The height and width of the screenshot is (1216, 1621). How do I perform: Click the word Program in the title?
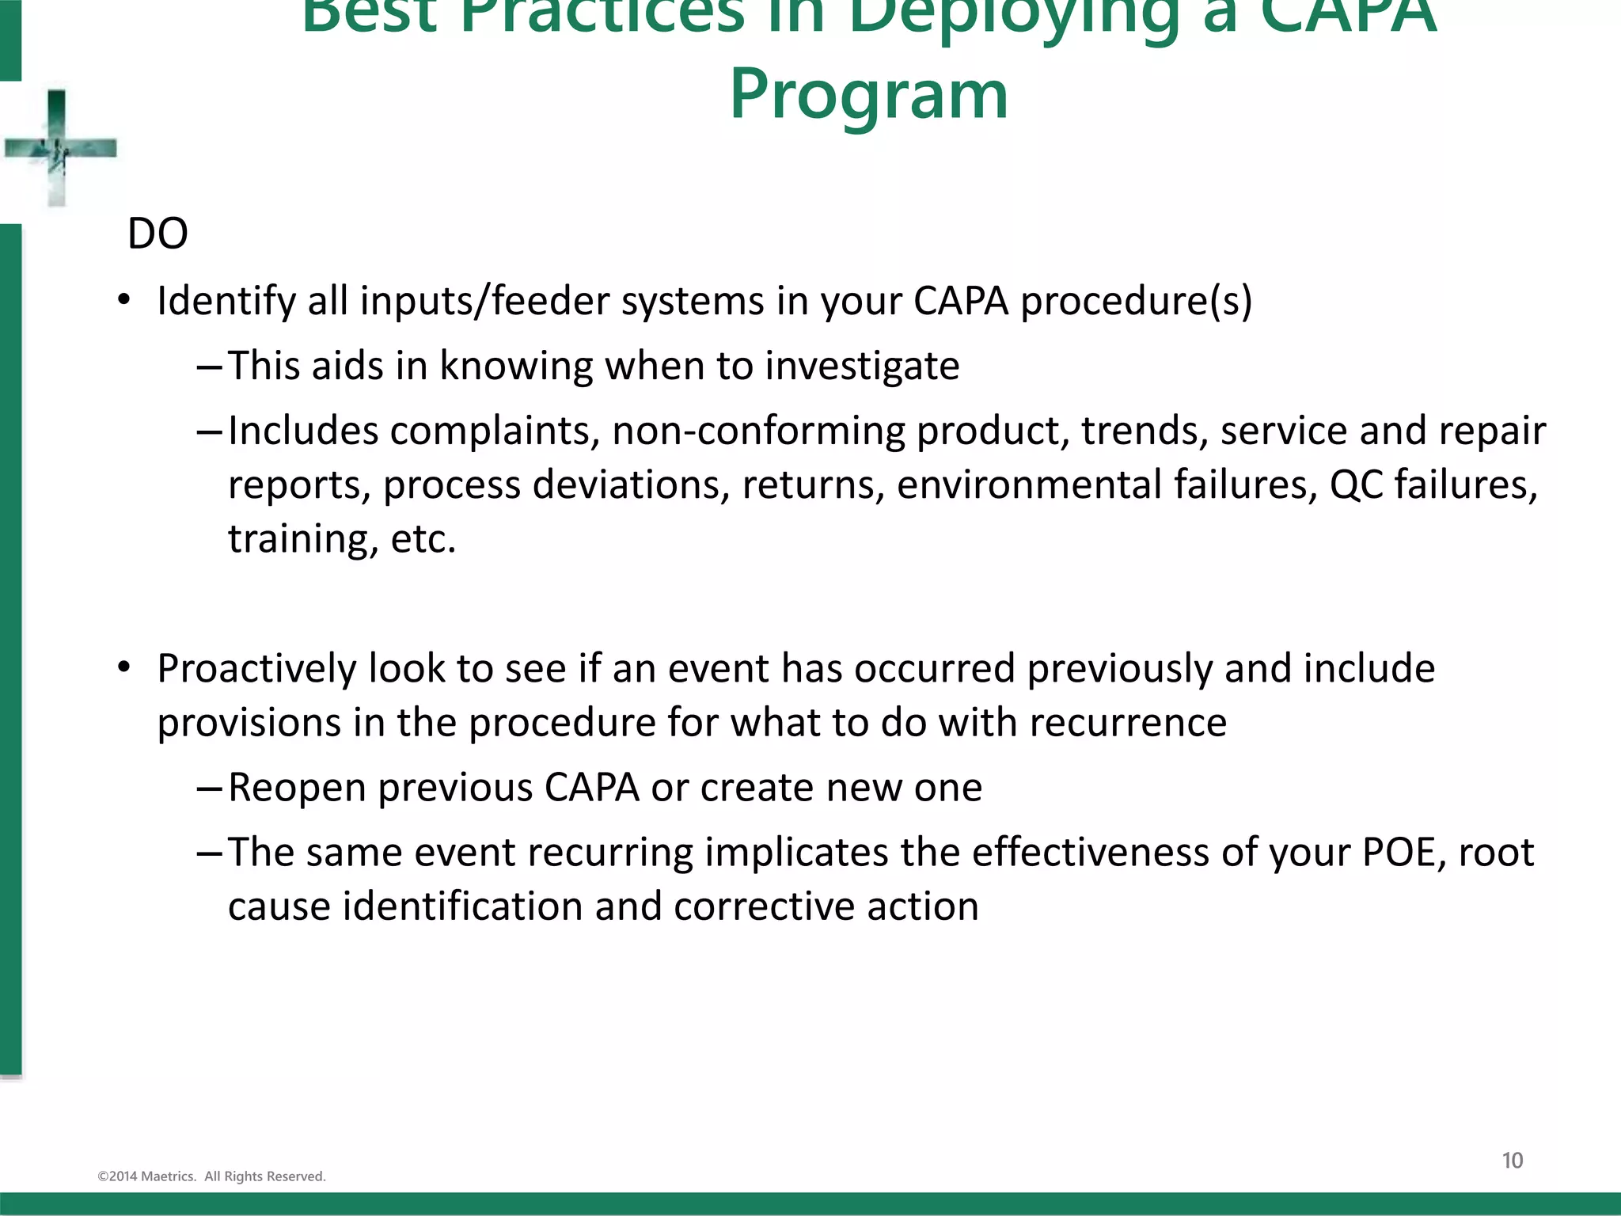coord(868,95)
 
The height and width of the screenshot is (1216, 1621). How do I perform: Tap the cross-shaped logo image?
coord(58,148)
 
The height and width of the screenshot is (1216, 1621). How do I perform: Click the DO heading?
coord(158,234)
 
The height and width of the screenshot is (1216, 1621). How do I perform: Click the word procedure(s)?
coord(1136,302)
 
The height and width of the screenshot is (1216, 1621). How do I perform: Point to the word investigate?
coord(862,367)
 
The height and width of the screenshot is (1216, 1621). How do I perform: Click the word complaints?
coord(494,431)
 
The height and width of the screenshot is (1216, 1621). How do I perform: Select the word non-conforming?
coord(759,431)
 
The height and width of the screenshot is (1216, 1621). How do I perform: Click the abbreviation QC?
coord(1355,485)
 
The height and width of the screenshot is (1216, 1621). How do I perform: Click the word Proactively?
coord(256,669)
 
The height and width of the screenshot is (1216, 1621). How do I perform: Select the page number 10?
coord(1512,1161)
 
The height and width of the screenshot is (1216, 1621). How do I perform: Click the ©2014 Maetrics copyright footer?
coord(211,1176)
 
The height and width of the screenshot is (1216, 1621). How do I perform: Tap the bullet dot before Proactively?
coord(123,669)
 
